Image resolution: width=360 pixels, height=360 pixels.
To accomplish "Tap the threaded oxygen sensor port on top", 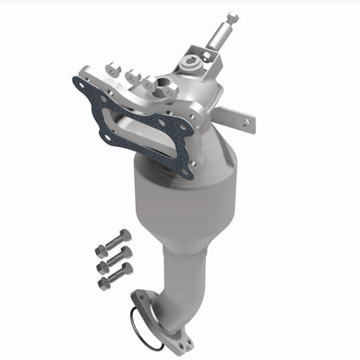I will click(161, 84).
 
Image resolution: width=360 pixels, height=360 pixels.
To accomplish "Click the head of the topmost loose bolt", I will click(125, 235).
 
